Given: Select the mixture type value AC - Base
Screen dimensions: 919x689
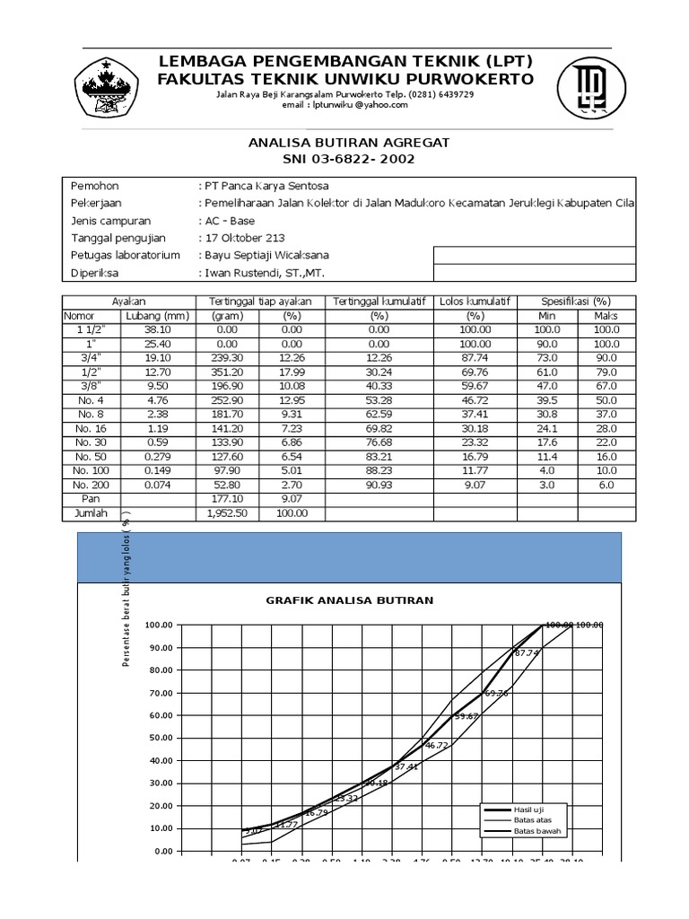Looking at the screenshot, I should [229, 221].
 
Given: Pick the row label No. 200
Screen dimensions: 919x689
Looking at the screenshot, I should [91, 485].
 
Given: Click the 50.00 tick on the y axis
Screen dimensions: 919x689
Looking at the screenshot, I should [162, 738].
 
